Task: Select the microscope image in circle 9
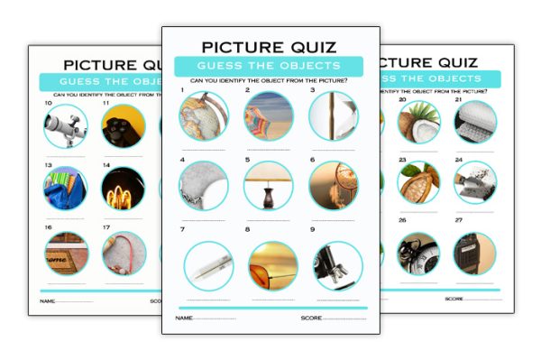[x=337, y=265]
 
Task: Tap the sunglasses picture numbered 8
[x=272, y=265]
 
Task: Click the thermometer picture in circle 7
[x=208, y=265]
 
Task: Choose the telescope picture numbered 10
[x=66, y=126]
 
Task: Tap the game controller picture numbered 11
[x=123, y=126]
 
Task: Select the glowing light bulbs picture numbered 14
[x=123, y=189]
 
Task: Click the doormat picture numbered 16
[x=66, y=254]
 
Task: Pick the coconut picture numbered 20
[x=418, y=122]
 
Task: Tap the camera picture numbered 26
[x=418, y=254]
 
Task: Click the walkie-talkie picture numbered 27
[x=474, y=254]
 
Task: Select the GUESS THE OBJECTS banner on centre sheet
[x=269, y=66]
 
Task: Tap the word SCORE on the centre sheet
[x=311, y=318]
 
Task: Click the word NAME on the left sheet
[x=46, y=299]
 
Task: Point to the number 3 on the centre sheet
[x=312, y=91]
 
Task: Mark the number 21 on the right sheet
[x=459, y=100]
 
